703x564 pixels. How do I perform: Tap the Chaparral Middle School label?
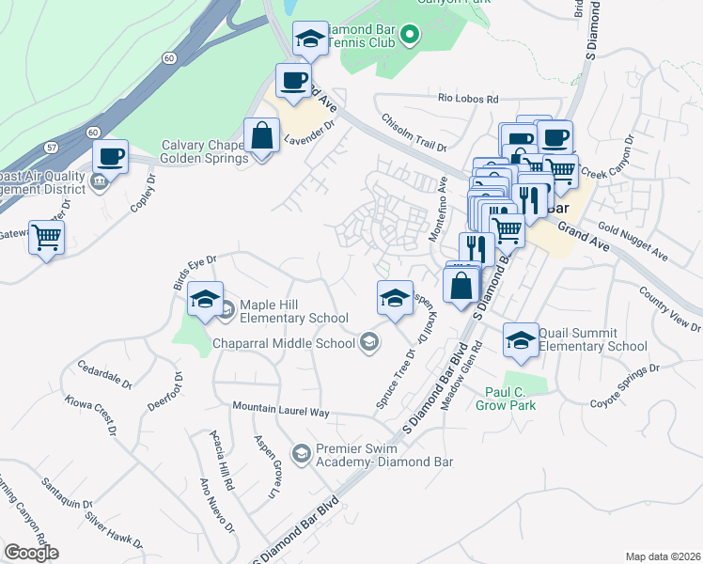coord(285,343)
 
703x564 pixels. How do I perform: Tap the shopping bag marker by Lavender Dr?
coord(261,135)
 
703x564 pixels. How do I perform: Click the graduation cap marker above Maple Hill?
coord(203,298)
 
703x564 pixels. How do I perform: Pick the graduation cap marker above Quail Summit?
coord(520,341)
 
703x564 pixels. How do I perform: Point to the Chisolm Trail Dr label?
coord(413,133)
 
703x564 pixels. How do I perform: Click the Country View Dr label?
coord(669,309)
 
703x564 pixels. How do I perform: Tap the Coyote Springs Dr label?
coord(626,395)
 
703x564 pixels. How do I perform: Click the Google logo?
coord(31,552)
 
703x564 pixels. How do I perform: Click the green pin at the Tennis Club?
coord(409,37)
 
